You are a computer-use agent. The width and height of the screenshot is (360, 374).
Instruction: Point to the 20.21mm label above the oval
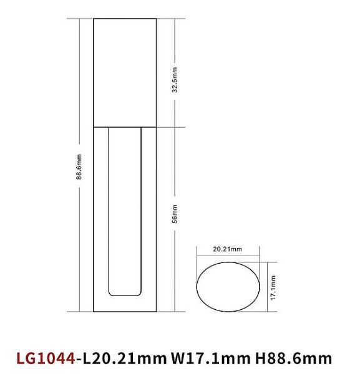(227, 249)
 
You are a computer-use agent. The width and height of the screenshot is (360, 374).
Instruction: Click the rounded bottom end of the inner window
(124, 294)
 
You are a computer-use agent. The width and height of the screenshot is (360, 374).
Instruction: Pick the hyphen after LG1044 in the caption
(79, 359)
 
